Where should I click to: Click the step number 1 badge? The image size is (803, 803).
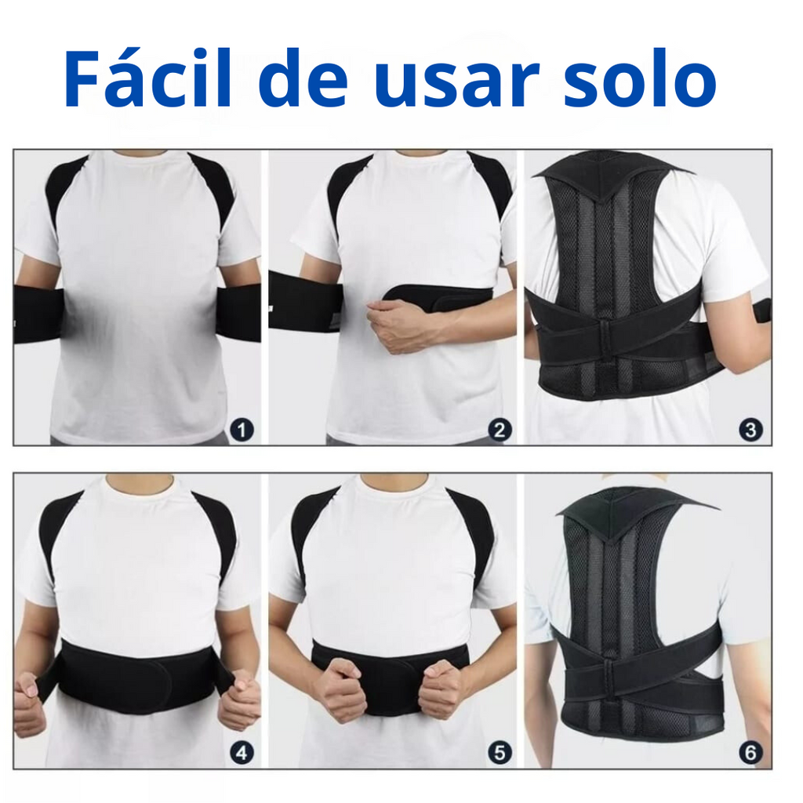pos(242,430)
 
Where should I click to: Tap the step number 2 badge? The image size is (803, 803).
pos(500,430)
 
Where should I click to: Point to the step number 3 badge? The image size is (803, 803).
pos(751,430)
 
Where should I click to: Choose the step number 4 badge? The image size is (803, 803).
pos(242,754)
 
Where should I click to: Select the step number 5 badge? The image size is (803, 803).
pos(500,754)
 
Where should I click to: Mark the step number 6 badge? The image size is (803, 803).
pos(750,754)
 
